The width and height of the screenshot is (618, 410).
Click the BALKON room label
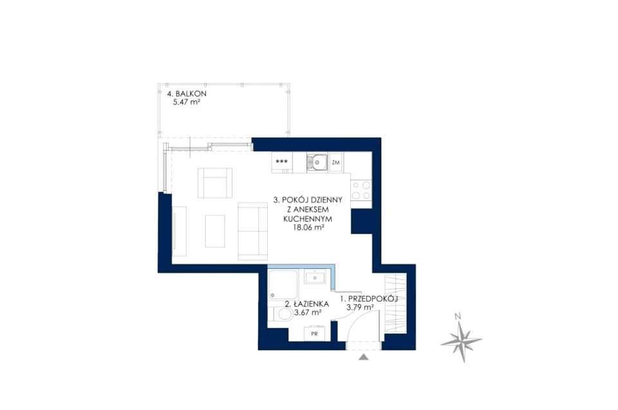(187, 94)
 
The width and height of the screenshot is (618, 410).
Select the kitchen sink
(317, 162)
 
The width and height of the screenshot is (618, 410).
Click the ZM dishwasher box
(336, 162)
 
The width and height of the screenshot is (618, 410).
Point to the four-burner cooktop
(361, 190)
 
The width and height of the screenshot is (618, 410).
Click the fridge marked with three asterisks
(282, 162)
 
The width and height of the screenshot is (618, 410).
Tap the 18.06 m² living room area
(308, 228)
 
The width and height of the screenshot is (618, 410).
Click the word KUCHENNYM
(308, 219)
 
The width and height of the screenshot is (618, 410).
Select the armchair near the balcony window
(215, 182)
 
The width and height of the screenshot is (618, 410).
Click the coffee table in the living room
(215, 231)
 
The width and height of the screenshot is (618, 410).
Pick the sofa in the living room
(252, 231)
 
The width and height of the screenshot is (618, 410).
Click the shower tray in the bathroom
(283, 284)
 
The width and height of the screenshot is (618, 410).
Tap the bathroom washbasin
(315, 277)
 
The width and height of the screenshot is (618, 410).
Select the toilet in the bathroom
(281, 315)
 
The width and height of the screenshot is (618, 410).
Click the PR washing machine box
(315, 333)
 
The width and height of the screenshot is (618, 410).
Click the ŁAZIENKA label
(306, 304)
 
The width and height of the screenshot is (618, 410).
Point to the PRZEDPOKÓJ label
(369, 298)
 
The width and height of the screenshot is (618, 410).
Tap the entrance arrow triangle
(364, 358)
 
